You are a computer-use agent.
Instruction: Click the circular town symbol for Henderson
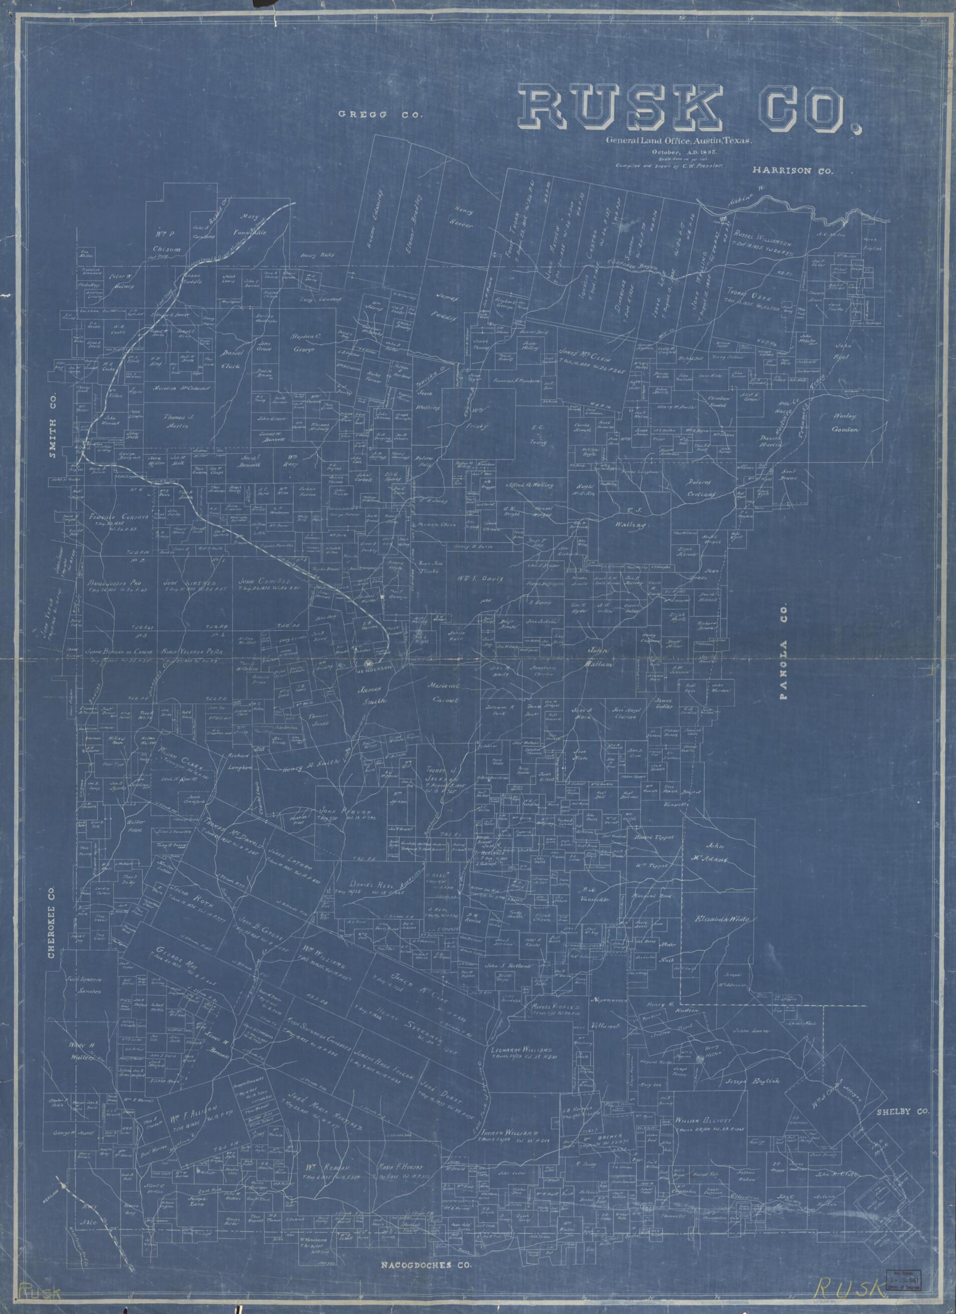click(x=368, y=663)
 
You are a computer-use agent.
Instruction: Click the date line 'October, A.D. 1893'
click(x=670, y=152)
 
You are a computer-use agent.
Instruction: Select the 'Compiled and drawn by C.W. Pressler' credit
click(x=670, y=166)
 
